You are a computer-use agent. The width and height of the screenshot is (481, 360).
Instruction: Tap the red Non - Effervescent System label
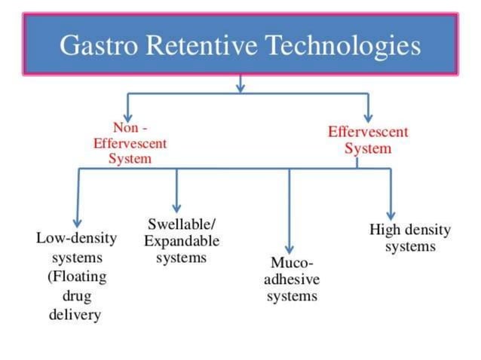[x=130, y=143]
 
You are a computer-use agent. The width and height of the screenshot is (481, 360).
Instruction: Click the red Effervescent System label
[x=368, y=139]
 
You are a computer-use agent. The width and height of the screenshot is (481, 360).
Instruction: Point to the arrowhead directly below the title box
[x=240, y=87]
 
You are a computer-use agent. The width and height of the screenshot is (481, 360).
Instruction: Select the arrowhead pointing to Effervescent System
[x=368, y=116]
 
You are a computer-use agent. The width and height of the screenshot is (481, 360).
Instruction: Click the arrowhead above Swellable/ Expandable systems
[x=176, y=207]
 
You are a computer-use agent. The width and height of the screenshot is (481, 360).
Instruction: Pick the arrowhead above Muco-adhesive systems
[x=290, y=249]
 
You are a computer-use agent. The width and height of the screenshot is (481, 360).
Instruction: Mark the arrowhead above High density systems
[x=391, y=215]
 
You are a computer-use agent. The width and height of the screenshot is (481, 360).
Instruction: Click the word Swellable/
[x=182, y=225]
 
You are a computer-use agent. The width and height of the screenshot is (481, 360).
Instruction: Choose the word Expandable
[x=182, y=242]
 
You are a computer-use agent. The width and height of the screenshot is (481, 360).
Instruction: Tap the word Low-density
[x=76, y=239]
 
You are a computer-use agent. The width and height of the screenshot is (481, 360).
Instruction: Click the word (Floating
[x=76, y=276]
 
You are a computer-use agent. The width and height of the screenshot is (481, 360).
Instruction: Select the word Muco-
[x=292, y=264]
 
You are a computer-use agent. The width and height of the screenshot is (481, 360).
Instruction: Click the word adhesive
[x=292, y=280]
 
